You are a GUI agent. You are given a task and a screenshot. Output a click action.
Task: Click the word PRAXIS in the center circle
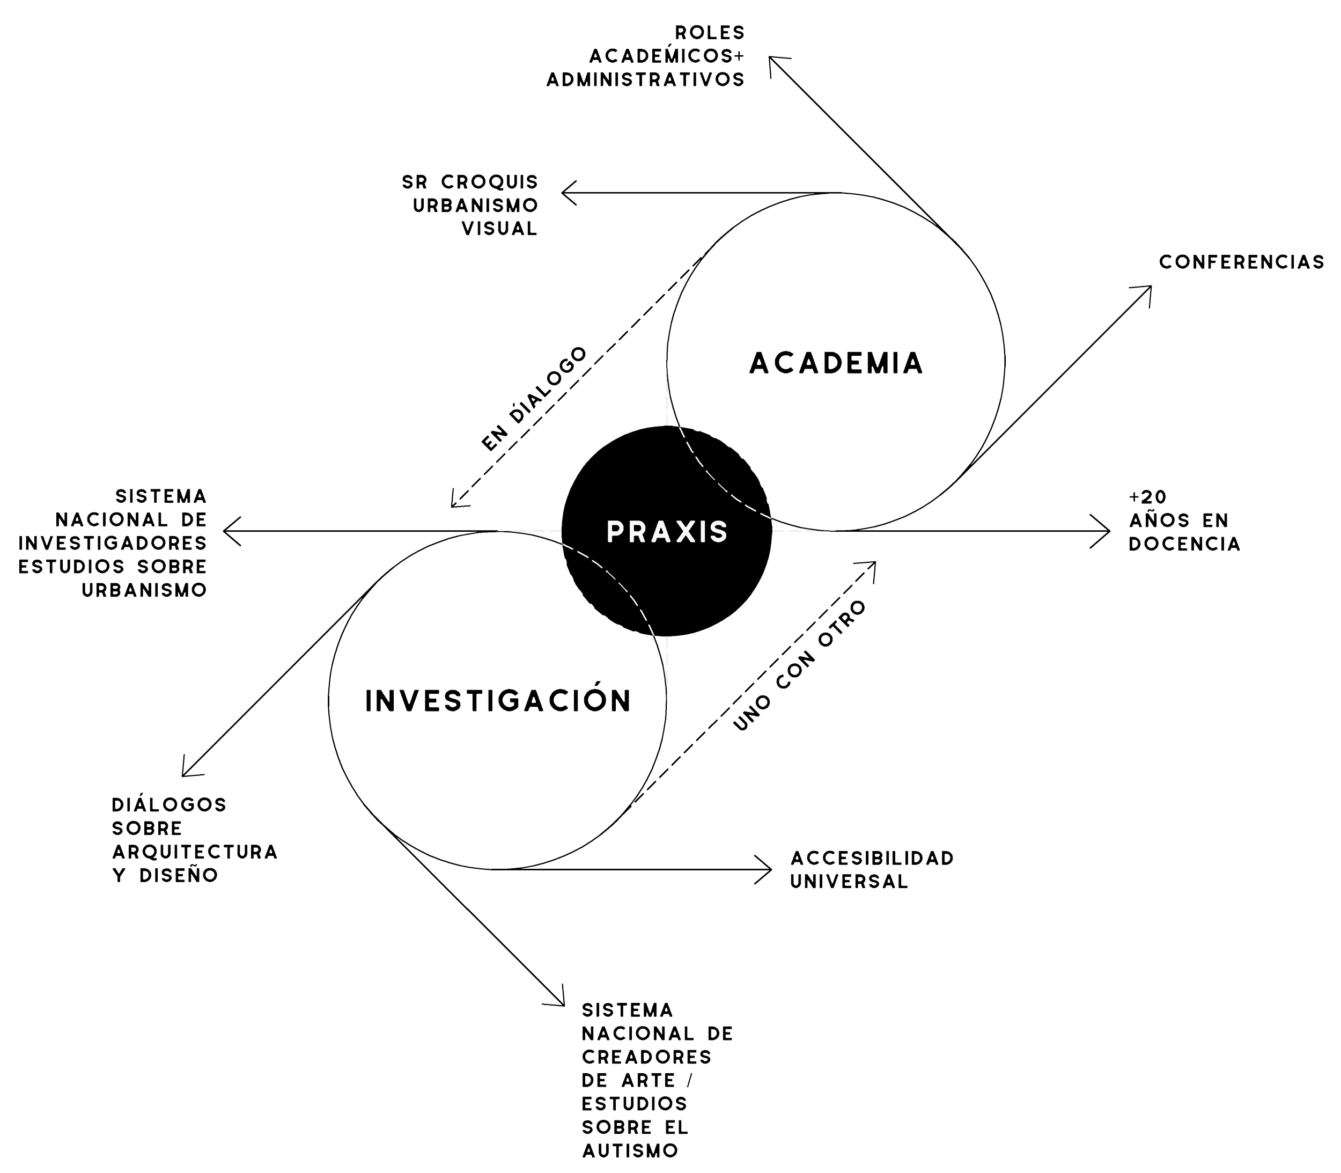point(667,532)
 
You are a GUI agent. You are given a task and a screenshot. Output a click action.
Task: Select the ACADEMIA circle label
point(836,363)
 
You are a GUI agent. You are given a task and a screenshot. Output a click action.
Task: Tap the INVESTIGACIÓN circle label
point(497,700)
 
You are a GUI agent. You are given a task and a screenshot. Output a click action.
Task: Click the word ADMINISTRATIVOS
point(645,80)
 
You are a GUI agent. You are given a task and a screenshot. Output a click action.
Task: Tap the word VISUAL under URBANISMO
point(500,229)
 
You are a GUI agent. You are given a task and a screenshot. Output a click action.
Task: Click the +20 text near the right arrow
point(1147,497)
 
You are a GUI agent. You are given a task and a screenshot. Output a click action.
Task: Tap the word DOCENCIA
point(1184,544)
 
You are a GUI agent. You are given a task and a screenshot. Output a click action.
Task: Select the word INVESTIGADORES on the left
point(113,542)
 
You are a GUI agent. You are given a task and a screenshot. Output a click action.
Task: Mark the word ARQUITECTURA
point(194,852)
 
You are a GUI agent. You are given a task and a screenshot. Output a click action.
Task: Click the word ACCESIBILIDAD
point(872,857)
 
